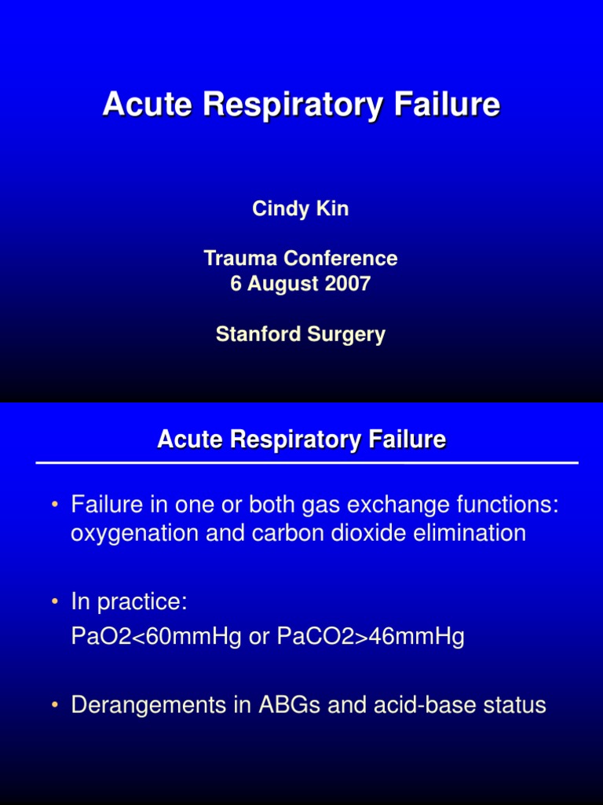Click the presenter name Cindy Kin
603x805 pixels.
[301, 209]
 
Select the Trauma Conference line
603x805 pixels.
[301, 258]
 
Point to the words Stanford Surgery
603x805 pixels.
[301, 334]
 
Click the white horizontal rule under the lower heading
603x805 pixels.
[307, 463]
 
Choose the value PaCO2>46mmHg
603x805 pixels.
[371, 637]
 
